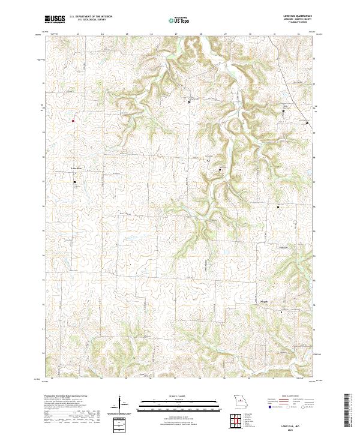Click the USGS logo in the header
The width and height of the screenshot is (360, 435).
[x=55, y=19]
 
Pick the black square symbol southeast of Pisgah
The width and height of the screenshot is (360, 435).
[x=282, y=312]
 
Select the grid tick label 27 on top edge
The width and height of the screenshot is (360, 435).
[x=176, y=34]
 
